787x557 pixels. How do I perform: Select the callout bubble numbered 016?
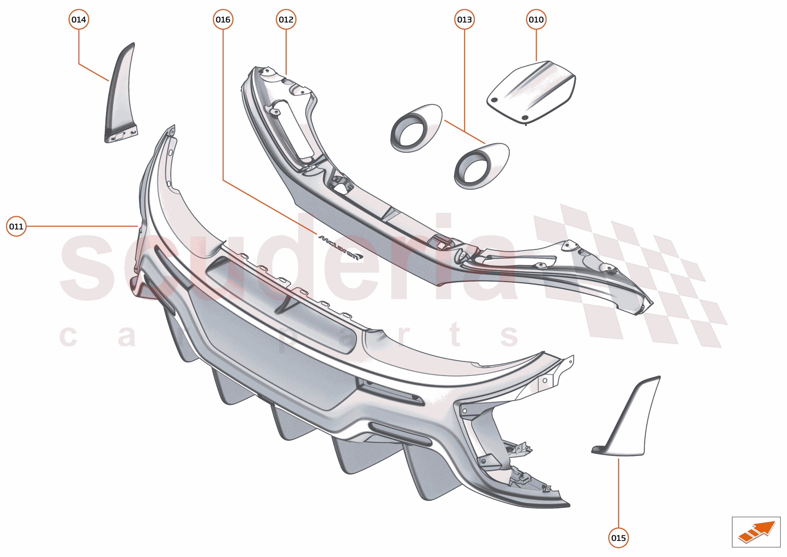tap(223, 20)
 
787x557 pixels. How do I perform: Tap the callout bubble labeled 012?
tap(286, 20)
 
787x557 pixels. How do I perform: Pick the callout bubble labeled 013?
tap(464, 20)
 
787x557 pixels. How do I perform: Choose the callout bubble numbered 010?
tap(536, 20)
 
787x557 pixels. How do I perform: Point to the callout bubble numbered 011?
tap(16, 226)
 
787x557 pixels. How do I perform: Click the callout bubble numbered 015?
tap(618, 538)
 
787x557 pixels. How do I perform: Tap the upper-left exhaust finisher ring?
tap(416, 128)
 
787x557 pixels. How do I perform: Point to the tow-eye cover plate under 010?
tap(531, 92)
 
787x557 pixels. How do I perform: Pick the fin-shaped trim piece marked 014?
tap(121, 93)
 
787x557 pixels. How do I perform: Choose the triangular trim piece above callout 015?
tap(626, 416)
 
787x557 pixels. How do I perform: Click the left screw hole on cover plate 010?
tap(495, 100)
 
